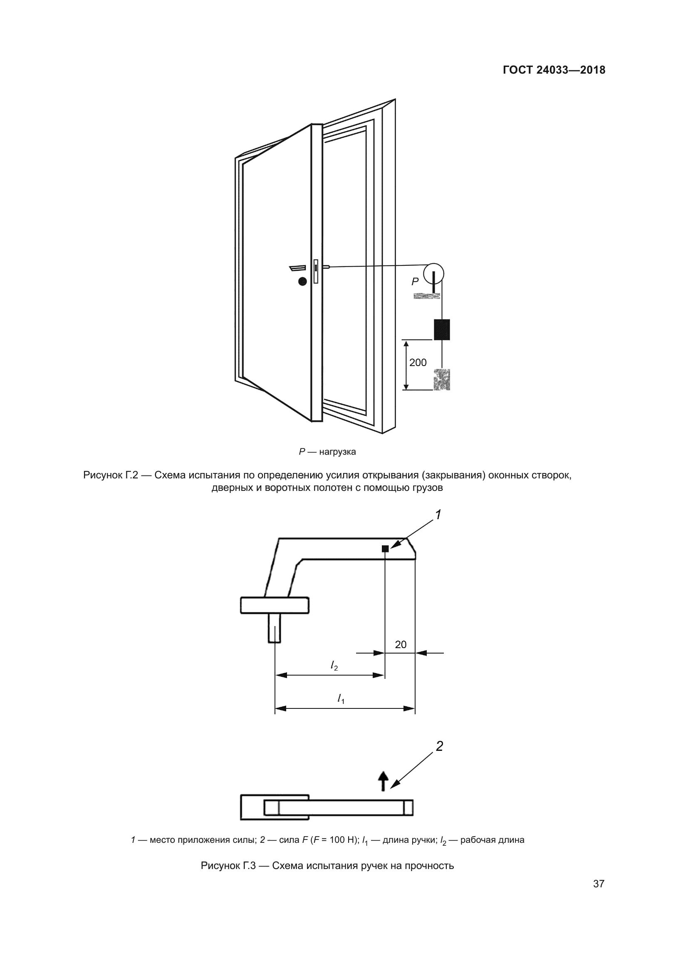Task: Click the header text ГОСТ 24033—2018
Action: pos(554,70)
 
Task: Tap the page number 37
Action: pos(599,884)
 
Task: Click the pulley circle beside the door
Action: pos(434,273)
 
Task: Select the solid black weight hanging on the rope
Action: pos(441,330)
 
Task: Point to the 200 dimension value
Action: pos(418,362)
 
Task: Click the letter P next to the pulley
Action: pos(415,281)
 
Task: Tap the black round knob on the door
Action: pos(302,281)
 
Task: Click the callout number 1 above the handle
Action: pos(438,515)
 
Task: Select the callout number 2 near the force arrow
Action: pos(439,746)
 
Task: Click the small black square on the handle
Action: pos(385,549)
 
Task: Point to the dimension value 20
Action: pos(400,644)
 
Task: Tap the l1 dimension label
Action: pos(341,699)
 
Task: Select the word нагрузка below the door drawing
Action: pos(337,452)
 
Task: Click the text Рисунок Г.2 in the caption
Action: pos(111,475)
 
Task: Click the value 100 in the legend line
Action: pos(337,840)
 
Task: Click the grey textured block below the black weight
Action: pos(441,380)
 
